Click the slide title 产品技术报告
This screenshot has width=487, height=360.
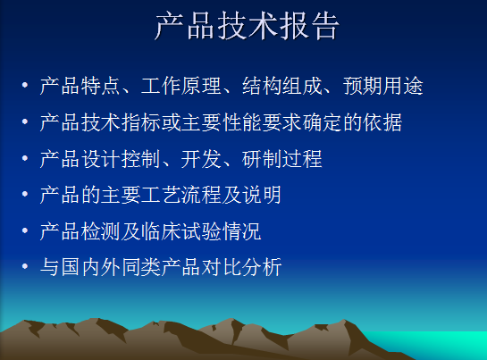248,26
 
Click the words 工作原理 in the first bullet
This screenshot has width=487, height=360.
181,86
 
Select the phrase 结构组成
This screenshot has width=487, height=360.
282,86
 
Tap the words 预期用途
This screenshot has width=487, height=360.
383,86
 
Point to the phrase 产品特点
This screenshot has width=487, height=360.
80,86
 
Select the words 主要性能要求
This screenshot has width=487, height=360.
242,122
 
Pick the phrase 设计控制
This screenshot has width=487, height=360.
121,159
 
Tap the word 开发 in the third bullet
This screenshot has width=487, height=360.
201,159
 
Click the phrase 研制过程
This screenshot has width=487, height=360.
282,159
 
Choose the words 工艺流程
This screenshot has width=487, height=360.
181,195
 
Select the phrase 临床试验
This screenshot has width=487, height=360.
181,231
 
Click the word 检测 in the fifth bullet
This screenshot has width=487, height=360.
100,231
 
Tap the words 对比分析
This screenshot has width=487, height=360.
241,267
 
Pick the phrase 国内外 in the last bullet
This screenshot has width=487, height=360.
90,267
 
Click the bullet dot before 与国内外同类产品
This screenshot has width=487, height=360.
25,266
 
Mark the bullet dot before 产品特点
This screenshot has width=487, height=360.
25,85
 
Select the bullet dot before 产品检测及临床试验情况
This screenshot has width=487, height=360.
25,230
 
